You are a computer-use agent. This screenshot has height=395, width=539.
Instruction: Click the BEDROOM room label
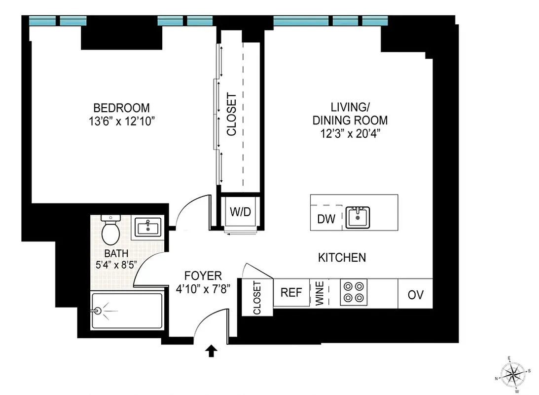(121, 108)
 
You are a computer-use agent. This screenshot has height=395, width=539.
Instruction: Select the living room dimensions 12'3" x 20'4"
(350, 133)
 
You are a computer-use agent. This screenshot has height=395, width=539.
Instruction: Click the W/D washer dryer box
(241, 212)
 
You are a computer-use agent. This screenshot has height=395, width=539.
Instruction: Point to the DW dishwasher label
(326, 219)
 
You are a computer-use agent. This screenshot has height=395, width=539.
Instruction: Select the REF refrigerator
(291, 292)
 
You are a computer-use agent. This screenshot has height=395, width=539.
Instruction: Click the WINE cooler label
(320, 293)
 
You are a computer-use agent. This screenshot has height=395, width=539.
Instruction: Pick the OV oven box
(415, 294)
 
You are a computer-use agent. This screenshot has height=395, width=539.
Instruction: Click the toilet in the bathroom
(110, 230)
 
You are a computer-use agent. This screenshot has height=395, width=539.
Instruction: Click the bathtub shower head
(99, 311)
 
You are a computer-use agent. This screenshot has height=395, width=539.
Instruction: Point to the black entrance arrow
(211, 351)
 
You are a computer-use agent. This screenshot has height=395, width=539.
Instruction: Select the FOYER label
(203, 276)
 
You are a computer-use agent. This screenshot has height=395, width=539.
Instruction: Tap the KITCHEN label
(342, 257)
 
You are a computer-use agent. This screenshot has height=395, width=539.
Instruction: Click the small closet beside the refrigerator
(256, 298)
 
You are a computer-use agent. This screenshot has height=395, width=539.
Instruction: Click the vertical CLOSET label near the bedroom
(231, 115)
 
